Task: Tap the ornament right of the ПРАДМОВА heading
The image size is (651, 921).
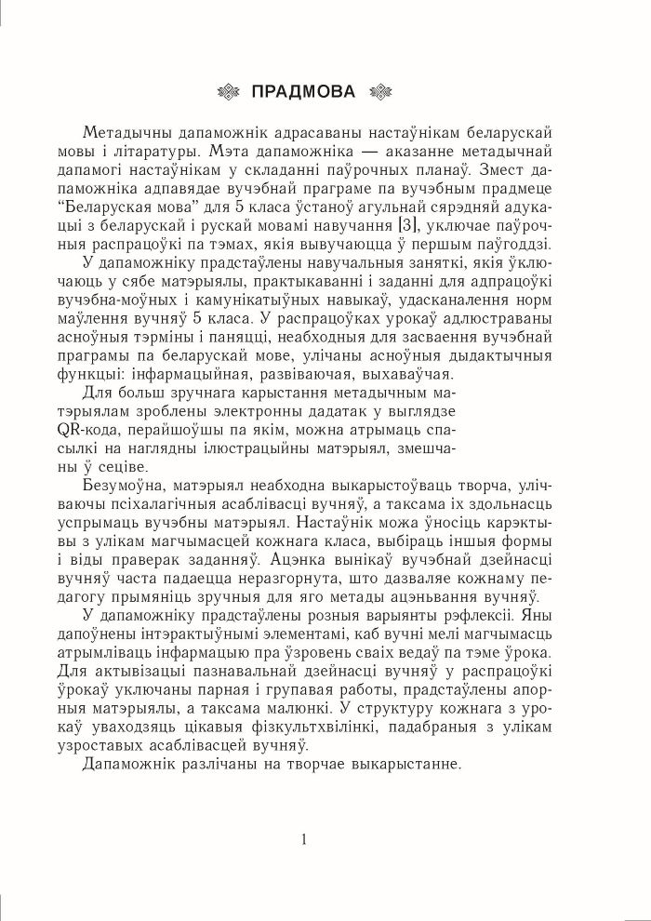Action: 380,91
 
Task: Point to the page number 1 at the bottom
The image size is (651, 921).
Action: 304,838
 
